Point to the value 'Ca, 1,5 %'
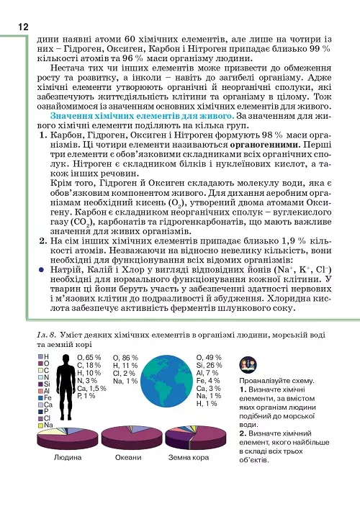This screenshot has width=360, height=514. click(x=91, y=388)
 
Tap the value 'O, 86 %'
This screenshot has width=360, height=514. click(x=125, y=358)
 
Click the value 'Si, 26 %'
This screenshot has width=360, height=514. click(x=208, y=366)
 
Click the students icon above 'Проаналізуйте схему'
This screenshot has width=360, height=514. click(x=243, y=362)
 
